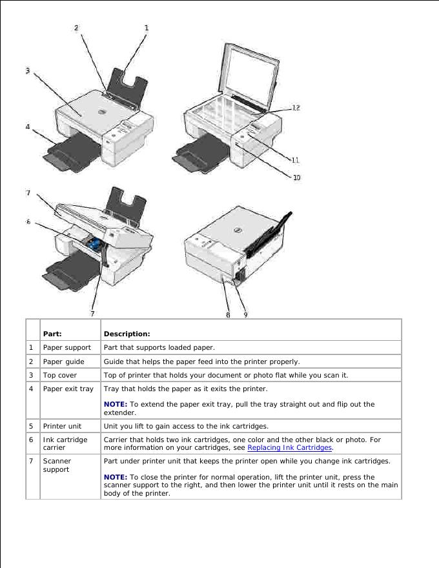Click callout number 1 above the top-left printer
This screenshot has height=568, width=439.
[147, 28]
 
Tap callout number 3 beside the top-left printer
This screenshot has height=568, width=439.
[28, 71]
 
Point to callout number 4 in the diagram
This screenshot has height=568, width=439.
[28, 127]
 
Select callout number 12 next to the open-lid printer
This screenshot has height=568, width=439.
[295, 108]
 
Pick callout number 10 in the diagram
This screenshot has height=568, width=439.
[296, 177]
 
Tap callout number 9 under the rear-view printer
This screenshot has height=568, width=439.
[245, 314]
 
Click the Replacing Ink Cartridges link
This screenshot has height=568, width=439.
[289, 447]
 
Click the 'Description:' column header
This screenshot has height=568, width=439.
[127, 334]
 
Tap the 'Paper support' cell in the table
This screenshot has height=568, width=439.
[66, 347]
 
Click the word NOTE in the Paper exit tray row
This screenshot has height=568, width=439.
[115, 404]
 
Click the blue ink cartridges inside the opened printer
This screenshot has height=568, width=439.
[95, 243]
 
